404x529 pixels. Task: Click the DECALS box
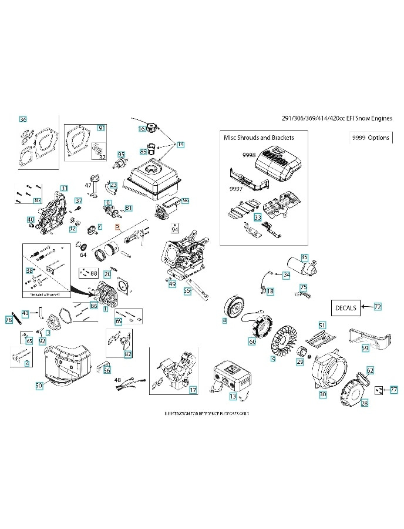[x=345, y=307]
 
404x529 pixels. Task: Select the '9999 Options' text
[x=370, y=138]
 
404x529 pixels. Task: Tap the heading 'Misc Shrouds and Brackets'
[x=259, y=138]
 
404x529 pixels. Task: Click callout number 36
[x=23, y=119]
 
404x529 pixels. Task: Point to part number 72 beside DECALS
[x=378, y=307]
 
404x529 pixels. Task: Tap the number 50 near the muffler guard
[x=39, y=386]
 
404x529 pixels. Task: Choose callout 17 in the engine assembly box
[x=193, y=390]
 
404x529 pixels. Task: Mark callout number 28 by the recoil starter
[x=364, y=403]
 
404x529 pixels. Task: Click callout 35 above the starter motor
[x=304, y=257]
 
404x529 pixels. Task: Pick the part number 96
[x=186, y=200]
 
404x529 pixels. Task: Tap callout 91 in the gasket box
[x=101, y=128]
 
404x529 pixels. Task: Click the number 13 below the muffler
[x=233, y=397]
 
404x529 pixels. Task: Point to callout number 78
[x=9, y=320]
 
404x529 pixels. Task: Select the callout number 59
[x=365, y=348]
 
